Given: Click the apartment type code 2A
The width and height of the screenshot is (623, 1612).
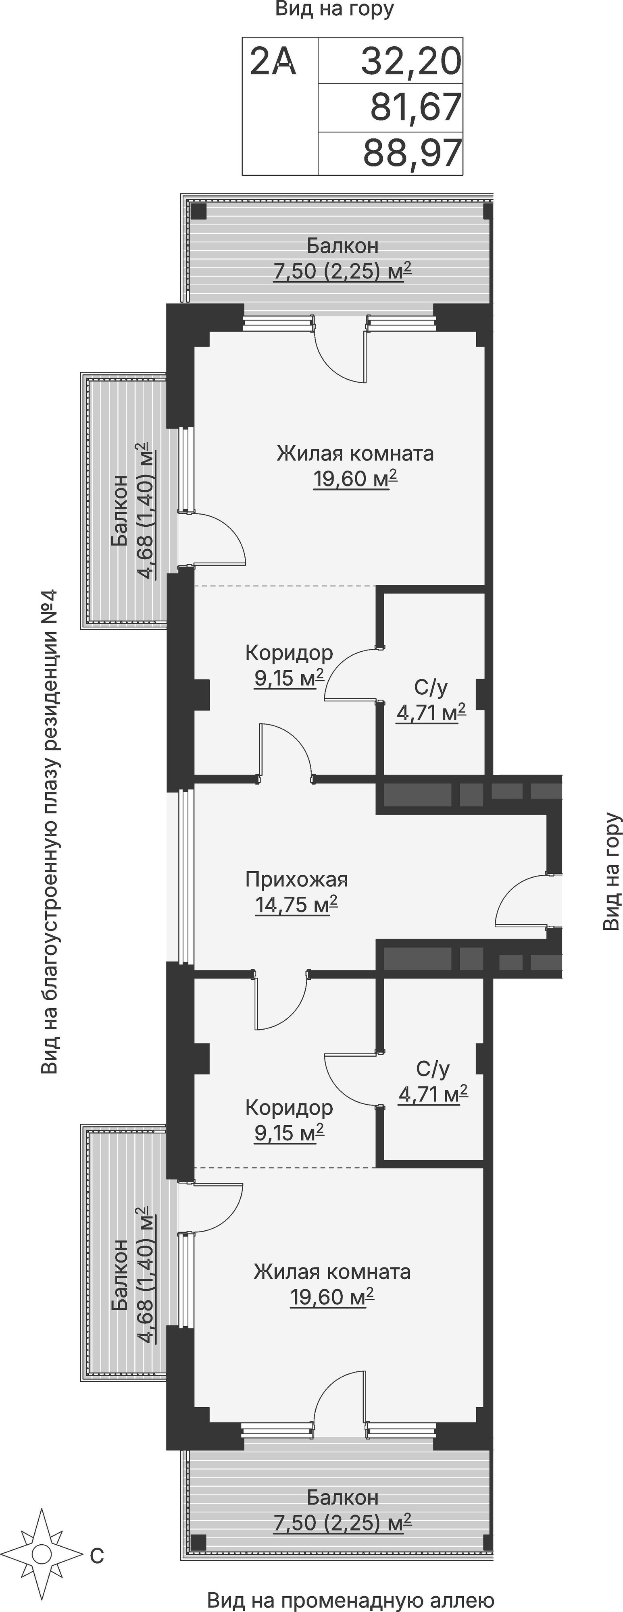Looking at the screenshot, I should tap(272, 61).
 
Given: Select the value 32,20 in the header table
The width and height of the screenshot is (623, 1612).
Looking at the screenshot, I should tap(411, 61).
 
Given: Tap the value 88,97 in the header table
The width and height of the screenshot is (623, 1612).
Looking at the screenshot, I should tap(412, 153).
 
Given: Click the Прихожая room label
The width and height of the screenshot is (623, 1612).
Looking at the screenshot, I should tap(296, 879).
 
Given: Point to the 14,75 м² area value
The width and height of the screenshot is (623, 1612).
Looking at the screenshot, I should tap(296, 904).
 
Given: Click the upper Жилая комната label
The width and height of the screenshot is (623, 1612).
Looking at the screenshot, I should tap(355, 453).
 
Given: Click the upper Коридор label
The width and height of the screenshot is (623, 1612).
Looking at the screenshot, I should tap(289, 653).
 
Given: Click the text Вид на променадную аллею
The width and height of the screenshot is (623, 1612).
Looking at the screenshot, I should tap(351, 1600).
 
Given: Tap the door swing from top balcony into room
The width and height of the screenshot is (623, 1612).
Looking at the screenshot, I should tap(341, 353).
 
